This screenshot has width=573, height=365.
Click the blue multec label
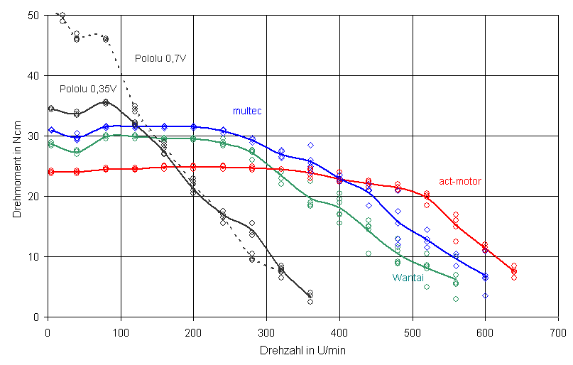[x=247, y=111]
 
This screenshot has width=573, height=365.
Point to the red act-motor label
[x=459, y=182]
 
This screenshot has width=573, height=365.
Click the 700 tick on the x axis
[x=557, y=330]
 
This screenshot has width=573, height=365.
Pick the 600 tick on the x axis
[x=485, y=330]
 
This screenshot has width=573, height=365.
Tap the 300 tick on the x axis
[x=266, y=330]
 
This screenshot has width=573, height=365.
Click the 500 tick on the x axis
[x=412, y=330]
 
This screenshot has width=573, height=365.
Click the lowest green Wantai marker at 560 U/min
[x=456, y=299]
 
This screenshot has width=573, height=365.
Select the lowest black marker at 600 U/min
[x=485, y=295]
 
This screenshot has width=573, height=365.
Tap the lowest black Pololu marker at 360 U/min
[x=310, y=302]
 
